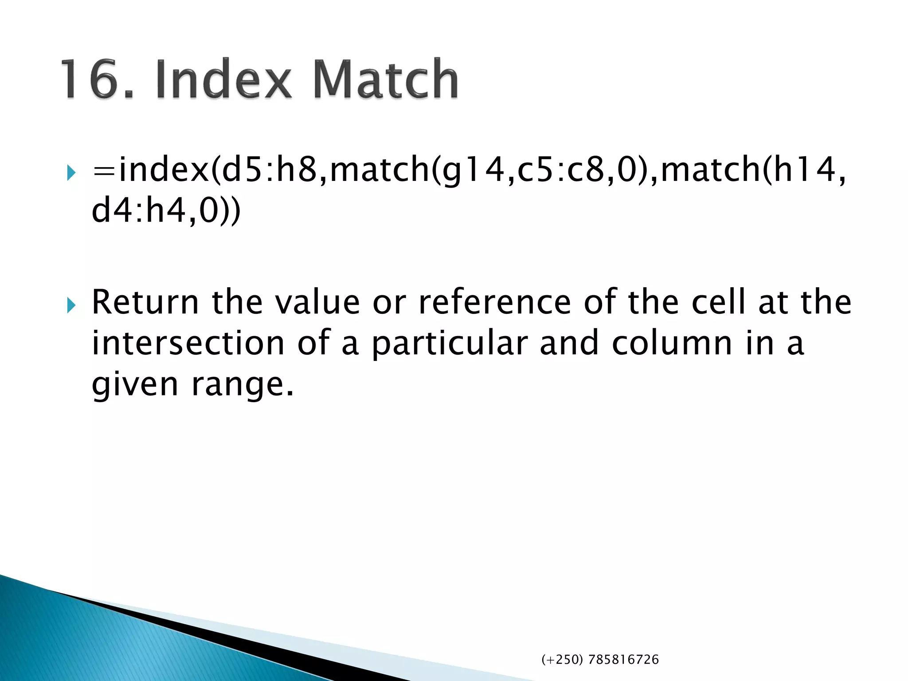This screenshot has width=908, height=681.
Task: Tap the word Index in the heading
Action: coord(224,80)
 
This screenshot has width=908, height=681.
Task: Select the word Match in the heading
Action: coord(386,80)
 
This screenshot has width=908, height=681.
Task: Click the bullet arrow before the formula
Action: coord(71,172)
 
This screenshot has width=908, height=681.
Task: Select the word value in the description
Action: coord(317,302)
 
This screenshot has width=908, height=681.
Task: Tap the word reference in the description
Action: coord(495,302)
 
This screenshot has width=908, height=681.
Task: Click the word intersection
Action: coord(188,343)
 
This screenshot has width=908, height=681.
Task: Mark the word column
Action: coord(672,343)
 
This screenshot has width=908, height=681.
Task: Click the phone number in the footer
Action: coord(600,660)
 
